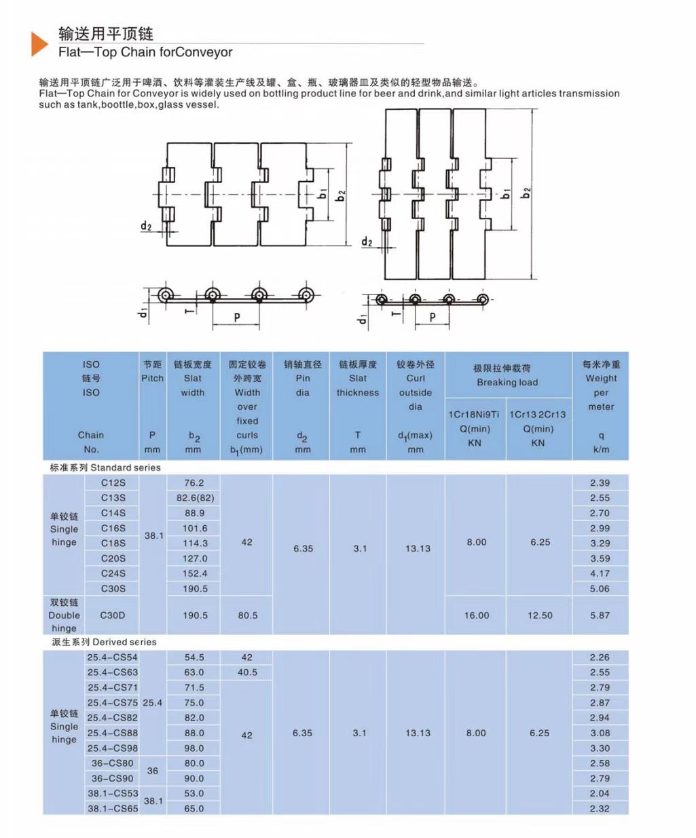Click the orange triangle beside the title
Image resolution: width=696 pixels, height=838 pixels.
point(39,43)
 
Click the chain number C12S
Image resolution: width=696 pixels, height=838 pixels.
point(113,482)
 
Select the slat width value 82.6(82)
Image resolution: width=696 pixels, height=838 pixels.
point(195,497)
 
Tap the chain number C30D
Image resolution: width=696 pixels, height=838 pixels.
point(113,615)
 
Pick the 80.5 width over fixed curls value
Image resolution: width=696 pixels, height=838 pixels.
point(247,615)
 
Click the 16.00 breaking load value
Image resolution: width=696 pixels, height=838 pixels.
point(476,615)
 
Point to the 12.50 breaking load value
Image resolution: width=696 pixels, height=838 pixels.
point(540,615)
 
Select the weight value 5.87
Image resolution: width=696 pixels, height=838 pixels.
point(600,615)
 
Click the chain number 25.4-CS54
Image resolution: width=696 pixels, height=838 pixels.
point(112,658)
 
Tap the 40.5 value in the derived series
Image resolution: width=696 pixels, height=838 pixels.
point(247,672)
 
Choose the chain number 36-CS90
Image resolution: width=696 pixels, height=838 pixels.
point(113,778)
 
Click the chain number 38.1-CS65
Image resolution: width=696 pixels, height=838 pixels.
point(113,808)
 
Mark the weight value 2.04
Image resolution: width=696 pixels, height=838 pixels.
point(600,793)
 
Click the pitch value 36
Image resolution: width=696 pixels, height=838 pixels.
point(153,771)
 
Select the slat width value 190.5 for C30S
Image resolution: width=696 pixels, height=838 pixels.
point(195,588)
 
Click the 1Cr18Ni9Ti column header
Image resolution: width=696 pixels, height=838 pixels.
point(474,414)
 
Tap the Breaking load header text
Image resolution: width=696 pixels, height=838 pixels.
point(507,382)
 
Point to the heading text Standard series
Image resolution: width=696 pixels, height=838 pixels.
point(126,468)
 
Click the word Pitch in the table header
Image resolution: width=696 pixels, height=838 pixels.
point(152,378)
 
